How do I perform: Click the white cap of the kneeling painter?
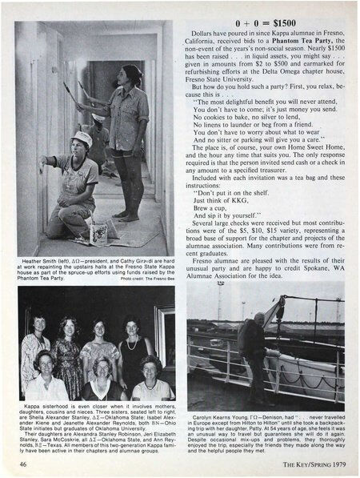pos(82,138)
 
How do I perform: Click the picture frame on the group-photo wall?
pos(165,323)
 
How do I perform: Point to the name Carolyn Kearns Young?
pos(225,417)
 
